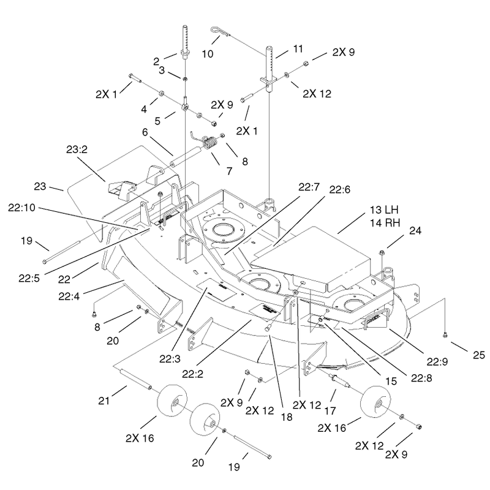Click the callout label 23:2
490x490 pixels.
pyautogui.click(x=77, y=149)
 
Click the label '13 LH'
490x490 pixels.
pyautogui.click(x=384, y=209)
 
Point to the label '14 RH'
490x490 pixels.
pyautogui.click(x=385, y=223)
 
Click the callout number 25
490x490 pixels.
pyautogui.click(x=478, y=355)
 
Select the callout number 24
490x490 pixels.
pyautogui.click(x=415, y=231)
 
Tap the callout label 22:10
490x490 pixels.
pyautogui.click(x=21, y=208)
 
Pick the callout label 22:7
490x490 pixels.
pyautogui.click(x=309, y=187)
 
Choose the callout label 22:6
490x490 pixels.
pyautogui.click(x=340, y=190)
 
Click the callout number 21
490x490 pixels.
pyautogui.click(x=104, y=401)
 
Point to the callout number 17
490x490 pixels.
pyautogui.click(x=330, y=410)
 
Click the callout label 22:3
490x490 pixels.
pyautogui.click(x=170, y=359)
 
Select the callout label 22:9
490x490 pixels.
pyautogui.click(x=437, y=362)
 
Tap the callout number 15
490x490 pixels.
pyautogui.click(x=391, y=381)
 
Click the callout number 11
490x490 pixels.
pyautogui.click(x=298, y=49)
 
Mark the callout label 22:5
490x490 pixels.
pyautogui.click(x=29, y=278)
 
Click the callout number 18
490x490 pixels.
pyautogui.click(x=287, y=417)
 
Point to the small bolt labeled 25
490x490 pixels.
pyautogui.click(x=445, y=335)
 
